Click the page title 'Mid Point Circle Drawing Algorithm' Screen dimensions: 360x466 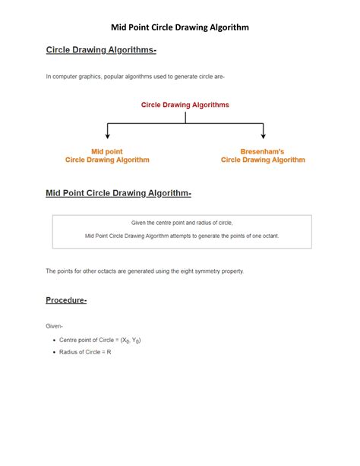pyautogui.click(x=180, y=27)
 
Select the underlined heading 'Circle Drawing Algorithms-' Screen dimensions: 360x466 pyautogui.click(x=101, y=50)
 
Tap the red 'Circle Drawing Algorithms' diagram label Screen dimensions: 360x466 pyautogui.click(x=185, y=105)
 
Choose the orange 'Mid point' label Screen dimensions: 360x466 pyautogui.click(x=107, y=151)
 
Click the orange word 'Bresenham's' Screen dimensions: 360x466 pyautogui.click(x=263, y=151)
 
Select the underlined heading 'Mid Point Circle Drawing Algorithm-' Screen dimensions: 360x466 pyautogui.click(x=118, y=194)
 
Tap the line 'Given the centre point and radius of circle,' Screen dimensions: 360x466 pyautogui.click(x=182, y=223)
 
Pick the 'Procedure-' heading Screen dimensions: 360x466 pyautogui.click(x=67, y=300)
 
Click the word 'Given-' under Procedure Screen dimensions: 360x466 pyautogui.click(x=55, y=325)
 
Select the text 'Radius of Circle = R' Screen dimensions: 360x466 pyautogui.click(x=85, y=352)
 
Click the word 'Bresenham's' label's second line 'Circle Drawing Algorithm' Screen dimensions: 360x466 pyautogui.click(x=263, y=160)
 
